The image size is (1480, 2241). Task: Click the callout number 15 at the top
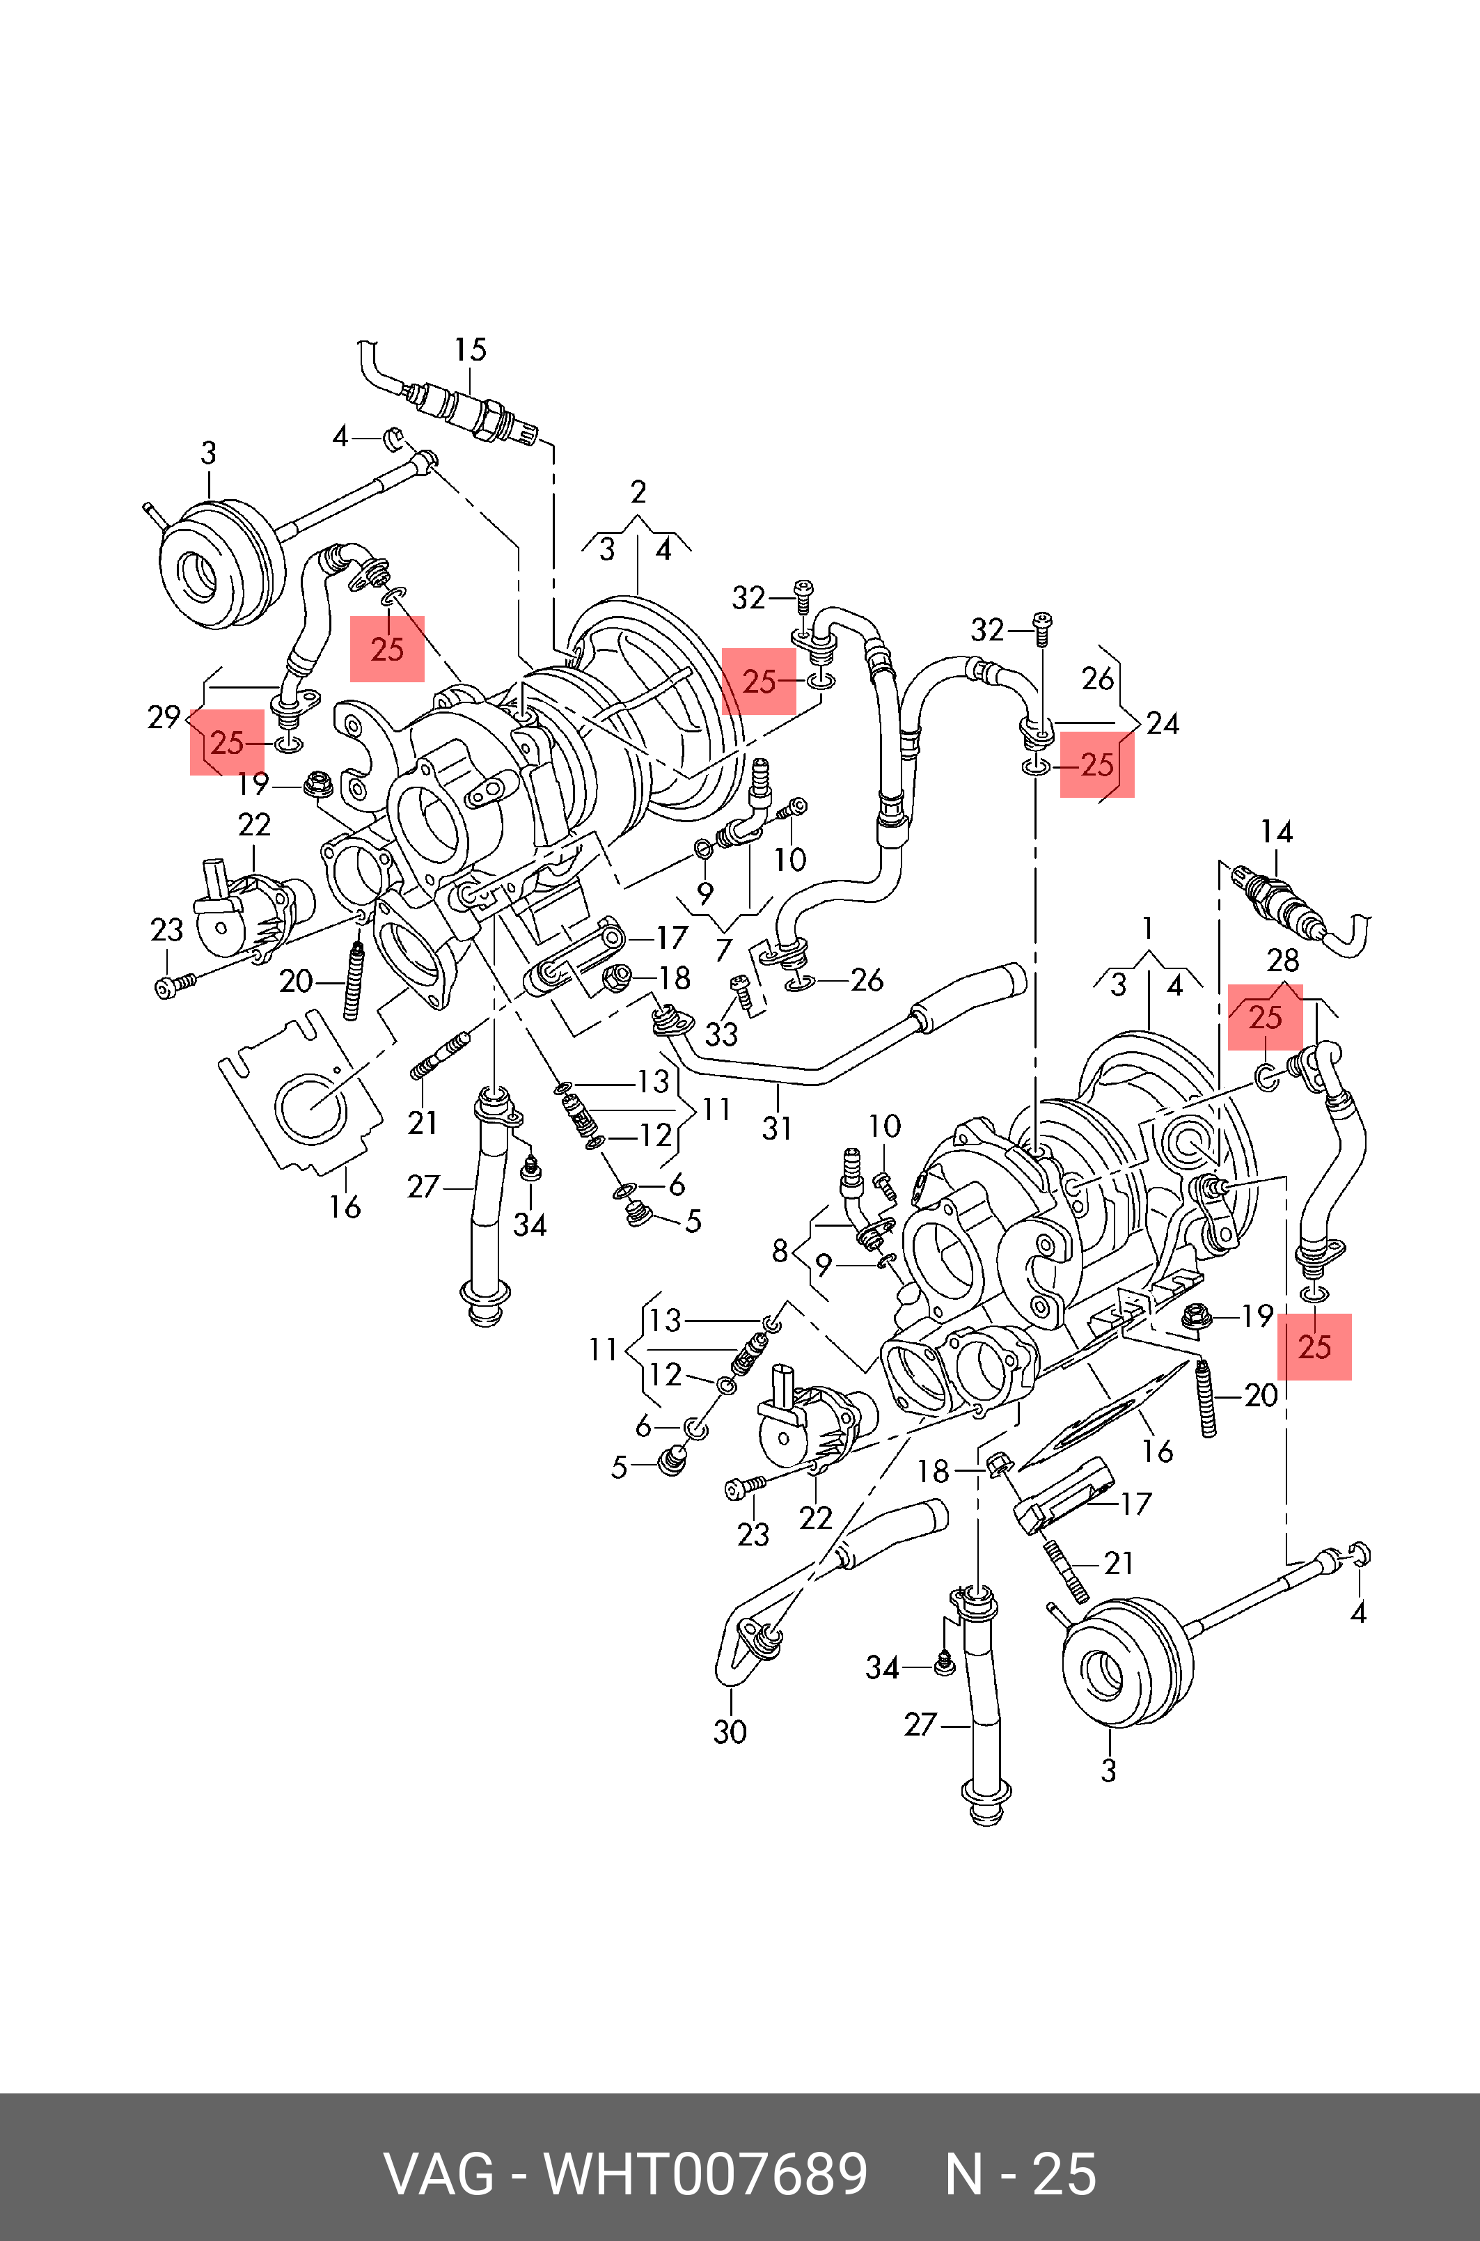pos(470,350)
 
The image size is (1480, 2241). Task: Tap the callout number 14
pos(1276,832)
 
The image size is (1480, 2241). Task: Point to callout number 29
pos(164,718)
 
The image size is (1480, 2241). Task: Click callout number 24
pos(1163,723)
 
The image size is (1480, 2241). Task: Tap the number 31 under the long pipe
pos(777,1128)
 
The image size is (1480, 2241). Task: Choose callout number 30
pos(730,1731)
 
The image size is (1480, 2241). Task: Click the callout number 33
pos(721,1035)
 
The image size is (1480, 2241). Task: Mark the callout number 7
pos(724,950)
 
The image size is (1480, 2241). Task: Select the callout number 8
pos(780,1251)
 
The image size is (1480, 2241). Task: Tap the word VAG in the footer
pos(438,2174)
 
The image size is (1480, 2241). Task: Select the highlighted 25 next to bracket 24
pos(1098,764)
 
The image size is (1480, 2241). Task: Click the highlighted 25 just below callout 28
pos(1265,1018)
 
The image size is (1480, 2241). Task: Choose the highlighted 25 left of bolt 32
pos(759,682)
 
